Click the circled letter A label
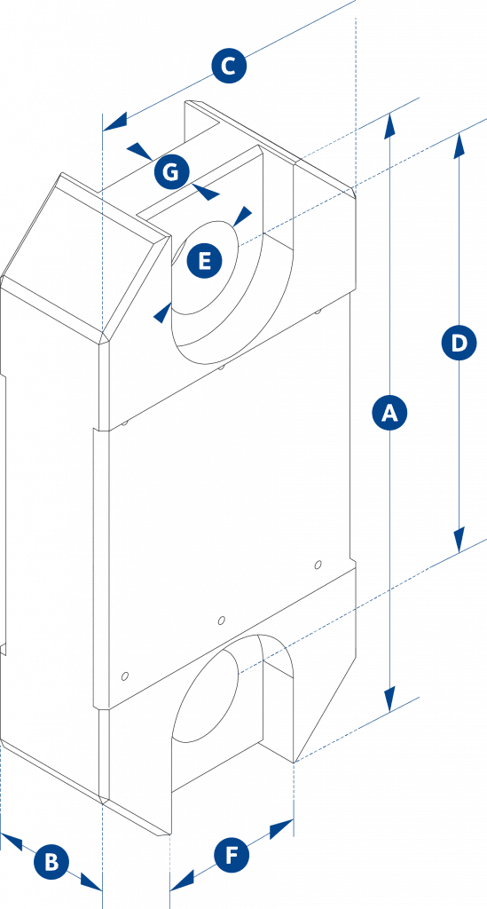(x=389, y=413)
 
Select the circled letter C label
(x=229, y=67)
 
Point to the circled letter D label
(x=459, y=344)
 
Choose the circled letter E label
(x=204, y=261)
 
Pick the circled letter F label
(x=232, y=855)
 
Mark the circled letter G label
(x=172, y=172)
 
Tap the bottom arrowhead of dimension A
(x=389, y=699)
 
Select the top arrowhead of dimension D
(x=460, y=145)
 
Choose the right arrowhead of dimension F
(x=282, y=827)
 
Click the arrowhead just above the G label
(x=140, y=150)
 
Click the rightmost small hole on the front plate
(x=317, y=565)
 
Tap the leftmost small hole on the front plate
(x=124, y=676)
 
